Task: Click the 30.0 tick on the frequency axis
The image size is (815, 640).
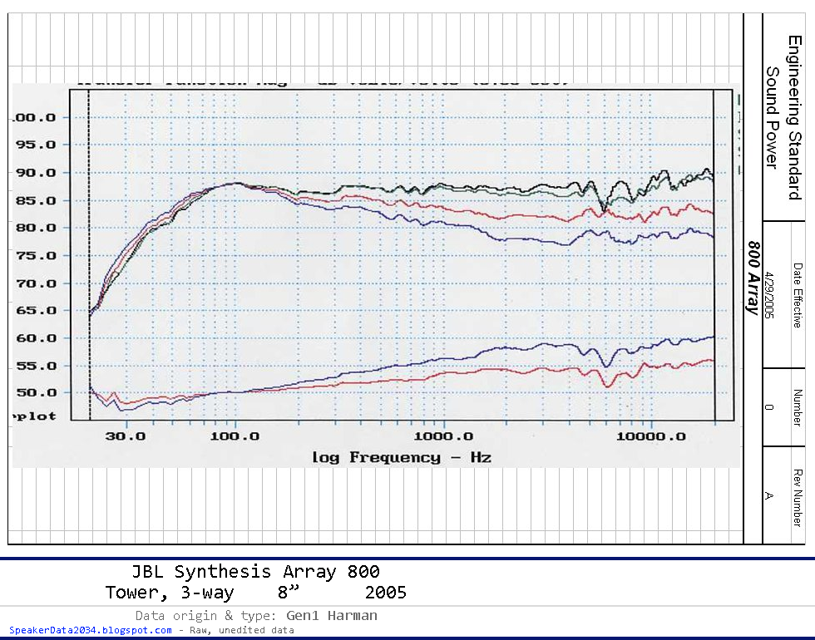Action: tap(127, 436)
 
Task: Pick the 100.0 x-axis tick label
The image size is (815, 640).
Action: tap(237, 436)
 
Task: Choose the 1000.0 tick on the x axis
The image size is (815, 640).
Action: tap(444, 436)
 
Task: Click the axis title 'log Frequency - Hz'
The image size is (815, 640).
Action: tap(402, 457)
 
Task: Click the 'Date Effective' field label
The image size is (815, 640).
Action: tap(797, 295)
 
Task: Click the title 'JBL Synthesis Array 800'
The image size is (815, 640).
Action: tap(255, 572)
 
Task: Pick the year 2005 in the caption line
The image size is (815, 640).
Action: tap(385, 593)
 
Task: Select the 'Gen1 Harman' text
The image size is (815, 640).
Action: tap(331, 616)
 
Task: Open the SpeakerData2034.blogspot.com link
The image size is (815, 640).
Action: tap(90, 630)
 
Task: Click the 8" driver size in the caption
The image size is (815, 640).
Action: tap(289, 593)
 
